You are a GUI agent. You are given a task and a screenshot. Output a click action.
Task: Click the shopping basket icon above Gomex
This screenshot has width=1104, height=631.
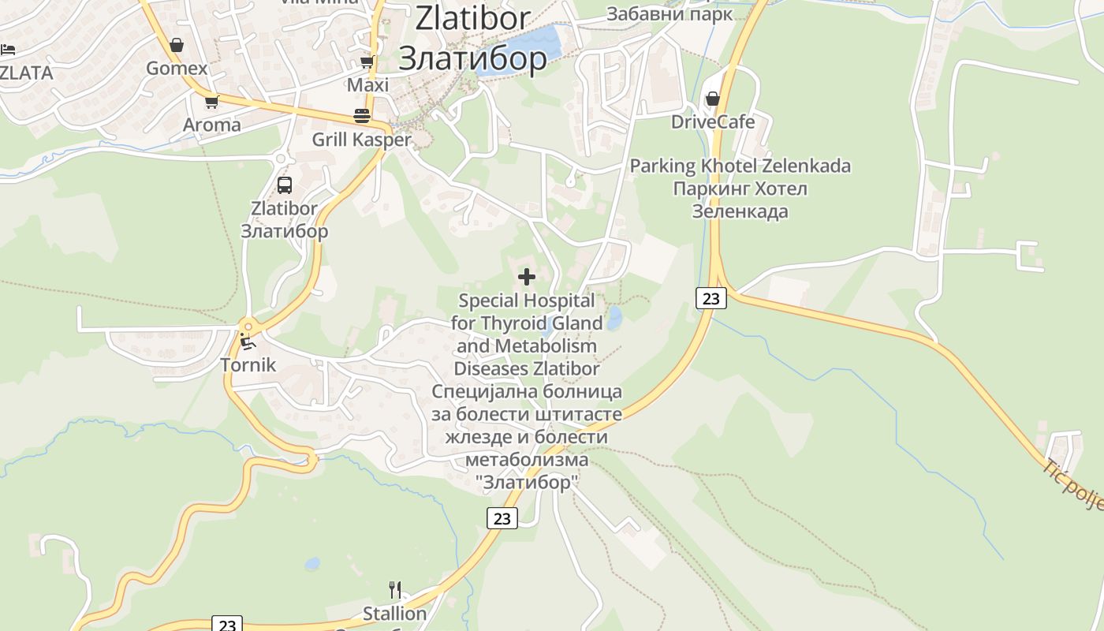(177, 45)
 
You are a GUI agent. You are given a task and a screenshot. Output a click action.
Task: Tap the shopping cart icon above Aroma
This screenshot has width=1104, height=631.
(211, 102)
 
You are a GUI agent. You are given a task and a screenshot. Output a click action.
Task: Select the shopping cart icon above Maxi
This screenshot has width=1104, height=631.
(367, 62)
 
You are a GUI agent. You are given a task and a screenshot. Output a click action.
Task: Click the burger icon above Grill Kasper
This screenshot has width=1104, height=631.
(362, 116)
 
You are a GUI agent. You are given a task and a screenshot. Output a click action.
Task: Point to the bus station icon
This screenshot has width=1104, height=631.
(285, 185)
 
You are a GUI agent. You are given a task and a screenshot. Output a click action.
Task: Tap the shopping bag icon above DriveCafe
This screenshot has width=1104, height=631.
(713, 99)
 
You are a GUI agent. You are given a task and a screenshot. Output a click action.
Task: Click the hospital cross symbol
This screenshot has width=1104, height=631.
(527, 277)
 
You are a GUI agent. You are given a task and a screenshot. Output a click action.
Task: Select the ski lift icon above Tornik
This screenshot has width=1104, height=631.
(248, 342)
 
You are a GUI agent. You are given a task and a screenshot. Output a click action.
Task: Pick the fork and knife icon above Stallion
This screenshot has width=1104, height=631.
(395, 589)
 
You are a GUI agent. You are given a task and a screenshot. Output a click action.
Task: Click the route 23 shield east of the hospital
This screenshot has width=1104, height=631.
(711, 298)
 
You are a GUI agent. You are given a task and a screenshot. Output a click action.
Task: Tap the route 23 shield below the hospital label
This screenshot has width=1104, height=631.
(502, 518)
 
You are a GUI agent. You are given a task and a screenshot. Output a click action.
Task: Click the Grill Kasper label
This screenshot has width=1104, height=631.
(362, 140)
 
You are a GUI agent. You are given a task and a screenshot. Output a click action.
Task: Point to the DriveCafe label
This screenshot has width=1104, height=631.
(713, 122)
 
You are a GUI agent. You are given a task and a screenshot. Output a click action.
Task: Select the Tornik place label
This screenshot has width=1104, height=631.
(248, 365)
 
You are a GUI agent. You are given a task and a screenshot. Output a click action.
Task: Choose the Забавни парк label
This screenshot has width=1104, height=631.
(669, 14)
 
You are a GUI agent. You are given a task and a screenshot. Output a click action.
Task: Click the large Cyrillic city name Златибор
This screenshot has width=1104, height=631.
(472, 58)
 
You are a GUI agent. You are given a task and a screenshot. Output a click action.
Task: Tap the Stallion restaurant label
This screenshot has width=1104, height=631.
(394, 613)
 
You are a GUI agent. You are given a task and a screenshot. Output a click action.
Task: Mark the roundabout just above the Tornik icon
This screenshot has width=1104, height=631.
(248, 326)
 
